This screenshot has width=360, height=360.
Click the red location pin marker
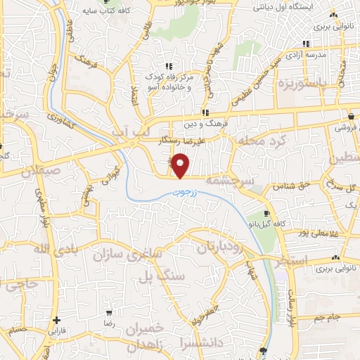tap(181, 165)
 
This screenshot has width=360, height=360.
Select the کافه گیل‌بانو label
tap(264, 223)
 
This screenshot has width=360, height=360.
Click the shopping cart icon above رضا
tap(108, 311)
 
